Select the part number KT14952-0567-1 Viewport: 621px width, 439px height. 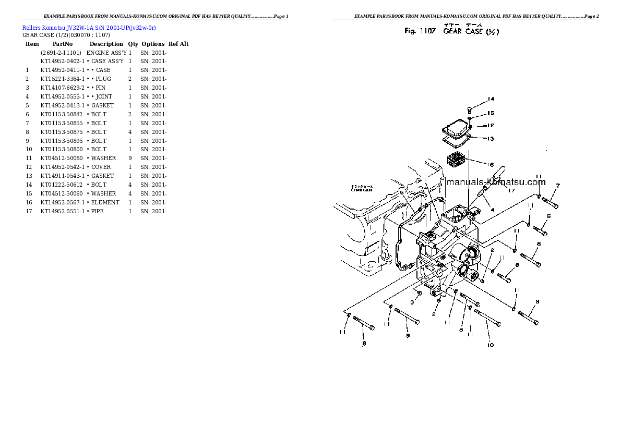[x=62, y=202]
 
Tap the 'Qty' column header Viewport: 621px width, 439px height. [x=133, y=44]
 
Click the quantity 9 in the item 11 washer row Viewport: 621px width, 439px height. [x=130, y=158]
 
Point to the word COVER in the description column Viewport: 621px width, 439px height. [x=101, y=167]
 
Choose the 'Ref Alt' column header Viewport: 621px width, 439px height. [x=178, y=44]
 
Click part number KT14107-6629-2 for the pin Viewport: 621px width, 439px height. [x=62, y=88]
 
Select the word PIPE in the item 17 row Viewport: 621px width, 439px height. [x=97, y=211]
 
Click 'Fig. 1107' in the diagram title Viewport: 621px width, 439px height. [x=420, y=31]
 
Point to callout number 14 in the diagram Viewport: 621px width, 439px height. [x=491, y=99]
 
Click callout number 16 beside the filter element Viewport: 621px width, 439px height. [x=490, y=165]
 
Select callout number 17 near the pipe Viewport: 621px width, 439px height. [x=511, y=190]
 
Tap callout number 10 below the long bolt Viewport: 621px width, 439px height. [x=490, y=345]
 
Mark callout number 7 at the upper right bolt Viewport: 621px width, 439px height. [x=557, y=186]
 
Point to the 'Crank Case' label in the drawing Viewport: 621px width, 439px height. [x=360, y=190]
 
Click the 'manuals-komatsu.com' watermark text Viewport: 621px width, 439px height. [x=496, y=182]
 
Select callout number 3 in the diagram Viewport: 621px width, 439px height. [x=412, y=302]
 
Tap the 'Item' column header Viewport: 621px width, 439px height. [x=32, y=44]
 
